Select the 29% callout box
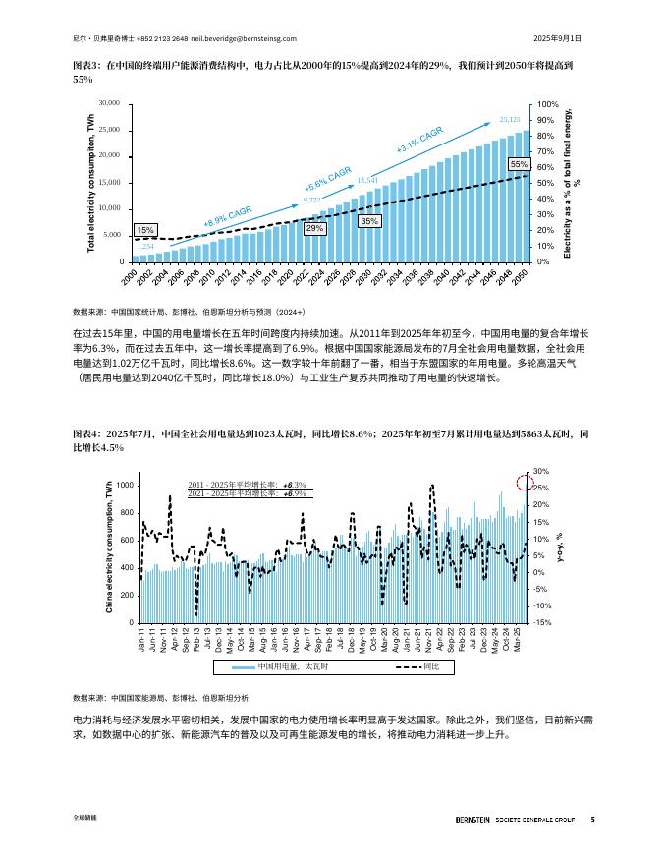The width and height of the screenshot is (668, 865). (x=315, y=228)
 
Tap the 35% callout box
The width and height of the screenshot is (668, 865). (x=369, y=221)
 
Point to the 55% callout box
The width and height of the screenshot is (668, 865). (x=520, y=164)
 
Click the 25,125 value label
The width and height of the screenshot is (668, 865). (x=510, y=119)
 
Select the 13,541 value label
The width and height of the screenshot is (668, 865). (x=366, y=180)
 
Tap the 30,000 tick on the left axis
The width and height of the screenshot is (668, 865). (x=109, y=103)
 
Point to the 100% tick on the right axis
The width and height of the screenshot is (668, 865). (x=548, y=103)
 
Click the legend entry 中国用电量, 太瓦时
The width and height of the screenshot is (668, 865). (x=278, y=666)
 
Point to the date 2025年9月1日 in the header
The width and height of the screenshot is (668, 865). (x=557, y=38)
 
